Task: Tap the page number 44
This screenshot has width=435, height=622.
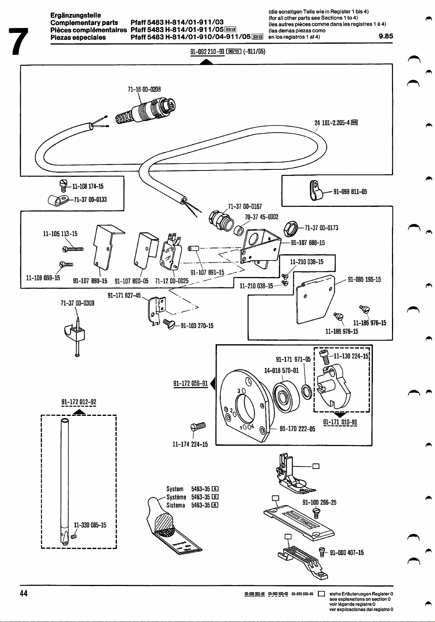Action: click(24, 593)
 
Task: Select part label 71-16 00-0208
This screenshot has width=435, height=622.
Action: click(144, 89)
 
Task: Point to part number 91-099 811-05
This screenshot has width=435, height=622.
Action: click(350, 191)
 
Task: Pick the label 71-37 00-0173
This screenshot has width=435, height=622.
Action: click(321, 228)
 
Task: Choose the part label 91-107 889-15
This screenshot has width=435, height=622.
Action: click(90, 281)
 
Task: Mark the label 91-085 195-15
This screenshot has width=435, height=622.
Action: click(364, 280)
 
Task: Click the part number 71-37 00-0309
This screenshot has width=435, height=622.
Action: click(78, 303)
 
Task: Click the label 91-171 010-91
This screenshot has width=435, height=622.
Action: click(340, 422)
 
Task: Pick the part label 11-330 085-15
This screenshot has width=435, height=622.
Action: click(90, 525)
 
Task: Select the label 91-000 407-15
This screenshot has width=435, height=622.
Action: click(347, 553)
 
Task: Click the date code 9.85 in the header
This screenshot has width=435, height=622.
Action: click(386, 36)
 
